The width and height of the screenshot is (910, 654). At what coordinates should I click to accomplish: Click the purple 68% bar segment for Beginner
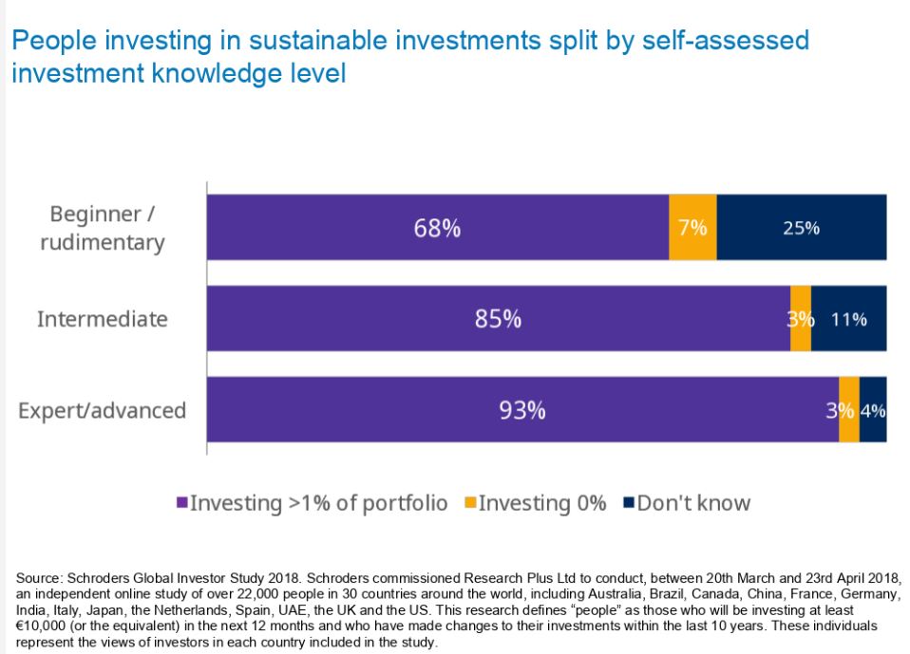[437, 228]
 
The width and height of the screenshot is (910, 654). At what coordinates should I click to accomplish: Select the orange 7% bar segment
[692, 228]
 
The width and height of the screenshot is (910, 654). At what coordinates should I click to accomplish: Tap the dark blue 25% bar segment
[801, 228]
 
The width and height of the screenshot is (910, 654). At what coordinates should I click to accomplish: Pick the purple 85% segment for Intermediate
[498, 319]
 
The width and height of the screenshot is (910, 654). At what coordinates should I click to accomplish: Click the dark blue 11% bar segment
[848, 319]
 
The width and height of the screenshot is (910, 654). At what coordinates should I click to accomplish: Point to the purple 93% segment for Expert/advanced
[522, 410]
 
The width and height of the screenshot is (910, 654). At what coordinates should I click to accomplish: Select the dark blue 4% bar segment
[873, 410]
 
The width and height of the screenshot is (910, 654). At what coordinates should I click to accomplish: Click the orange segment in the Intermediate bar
[801, 319]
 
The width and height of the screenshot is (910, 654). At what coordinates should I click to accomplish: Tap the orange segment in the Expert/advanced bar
[848, 410]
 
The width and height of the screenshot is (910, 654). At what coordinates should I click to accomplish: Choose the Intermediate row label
[102, 319]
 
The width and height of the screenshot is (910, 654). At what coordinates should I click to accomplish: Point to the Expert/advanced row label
[103, 410]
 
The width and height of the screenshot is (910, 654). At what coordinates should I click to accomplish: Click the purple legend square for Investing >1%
[181, 503]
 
